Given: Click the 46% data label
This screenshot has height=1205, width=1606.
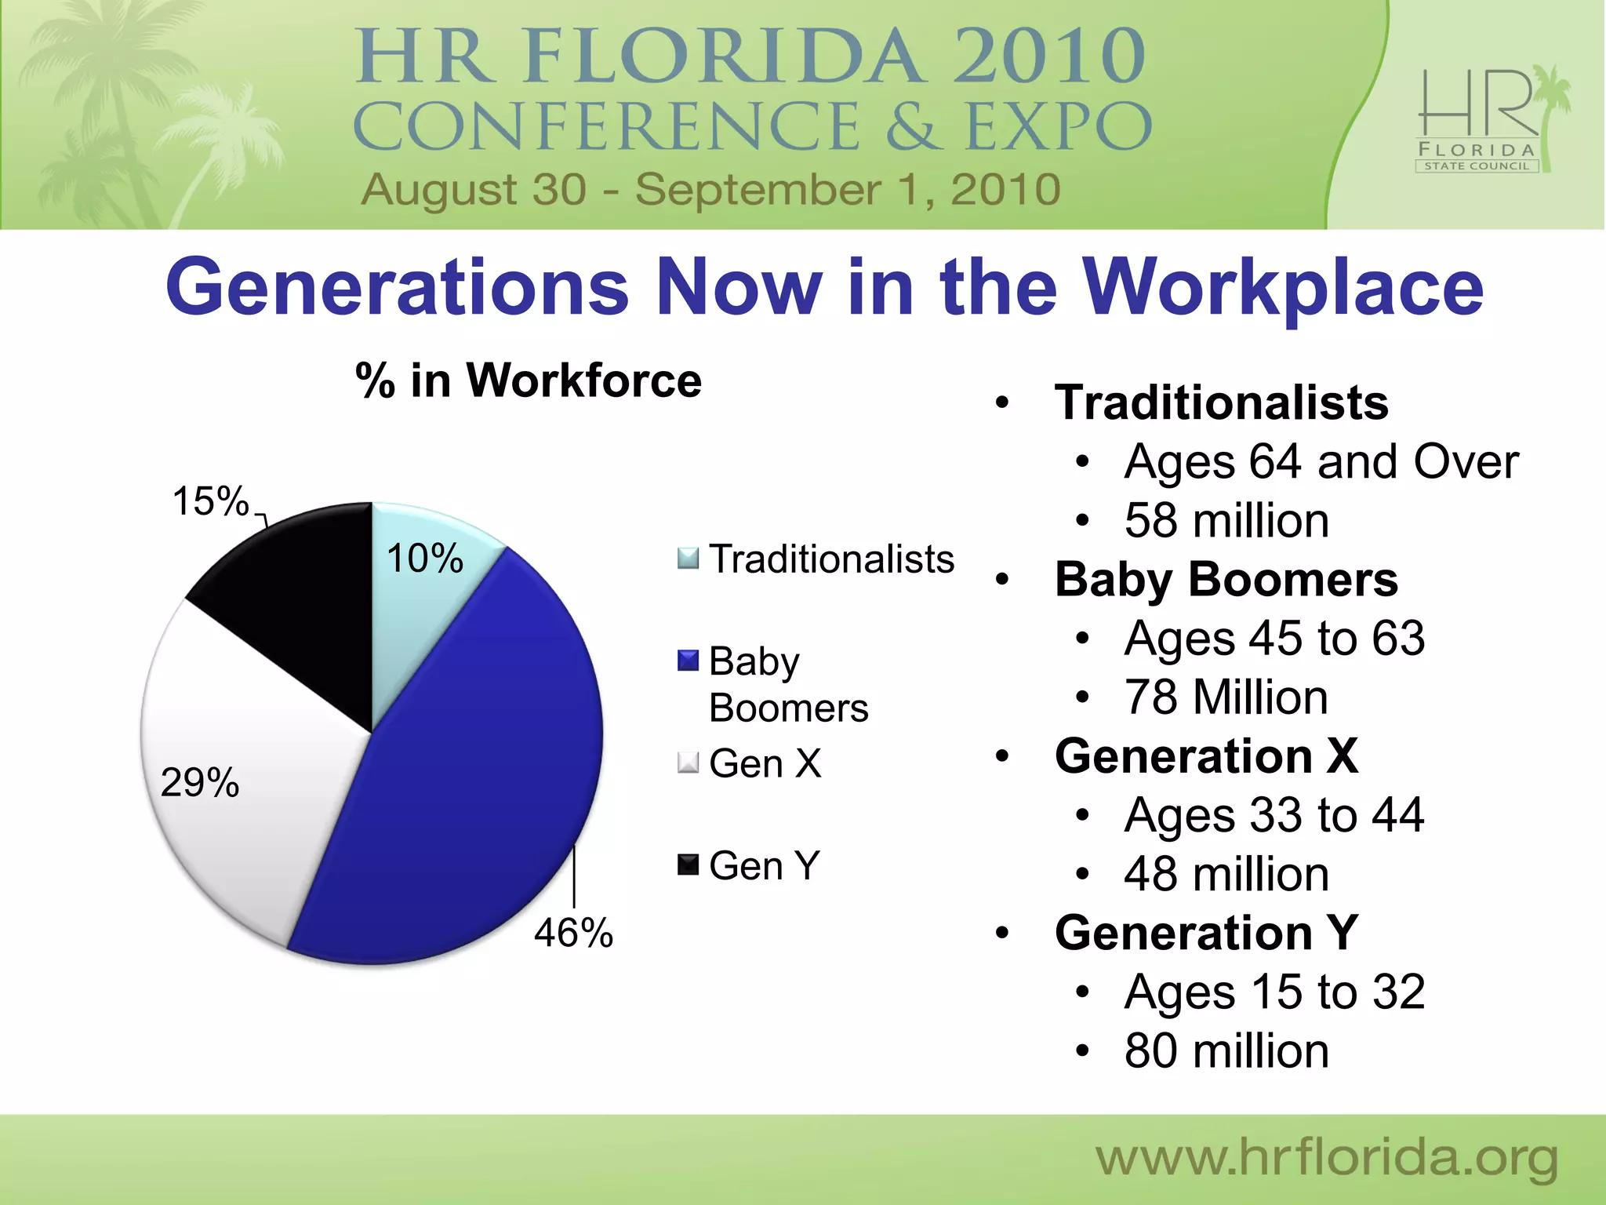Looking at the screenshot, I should tap(573, 934).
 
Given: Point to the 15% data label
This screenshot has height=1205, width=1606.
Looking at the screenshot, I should tap(210, 501).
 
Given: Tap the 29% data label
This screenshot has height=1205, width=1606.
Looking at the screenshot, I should tap(199, 783).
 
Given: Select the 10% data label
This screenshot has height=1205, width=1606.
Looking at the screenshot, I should tap(424, 559).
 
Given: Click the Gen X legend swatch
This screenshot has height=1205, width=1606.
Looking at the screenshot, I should tap(688, 763).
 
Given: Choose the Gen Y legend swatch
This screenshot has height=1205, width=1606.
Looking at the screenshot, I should tap(688, 865).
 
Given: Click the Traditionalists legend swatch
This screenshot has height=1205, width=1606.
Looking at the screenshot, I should tap(688, 559).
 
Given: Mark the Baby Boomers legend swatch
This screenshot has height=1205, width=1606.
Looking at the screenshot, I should tap(688, 661).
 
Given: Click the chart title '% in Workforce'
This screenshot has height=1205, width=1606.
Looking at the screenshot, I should tap(528, 381).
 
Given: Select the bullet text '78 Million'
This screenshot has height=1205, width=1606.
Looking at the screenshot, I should tap(1226, 697).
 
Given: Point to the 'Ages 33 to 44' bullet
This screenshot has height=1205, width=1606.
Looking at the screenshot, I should tap(1274, 815).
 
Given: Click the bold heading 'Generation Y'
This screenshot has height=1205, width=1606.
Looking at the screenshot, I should tap(1206, 933).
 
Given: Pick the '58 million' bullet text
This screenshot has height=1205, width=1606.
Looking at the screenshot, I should tap(1226, 521).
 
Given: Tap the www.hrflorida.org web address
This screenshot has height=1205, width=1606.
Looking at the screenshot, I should tap(1326, 1158).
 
